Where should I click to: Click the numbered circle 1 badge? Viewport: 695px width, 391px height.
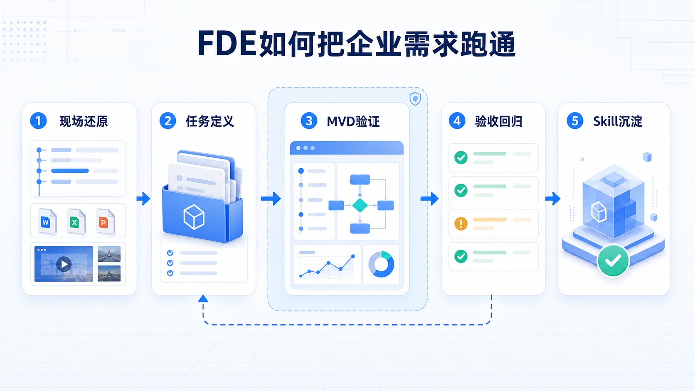pyautogui.click(x=38, y=121)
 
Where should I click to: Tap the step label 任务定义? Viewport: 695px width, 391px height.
pyautogui.click(x=210, y=121)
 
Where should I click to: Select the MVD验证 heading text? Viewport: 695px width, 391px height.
pyautogui.click(x=353, y=122)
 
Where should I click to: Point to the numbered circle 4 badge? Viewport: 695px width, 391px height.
pyautogui.click(x=457, y=121)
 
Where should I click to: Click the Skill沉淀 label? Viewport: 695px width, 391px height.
pyautogui.click(x=617, y=121)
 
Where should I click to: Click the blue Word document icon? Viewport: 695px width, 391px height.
pyautogui.click(x=47, y=221)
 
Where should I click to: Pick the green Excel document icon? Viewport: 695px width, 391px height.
pyautogui.click(x=76, y=221)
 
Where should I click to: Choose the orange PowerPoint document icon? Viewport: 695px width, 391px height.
pyautogui.click(x=106, y=221)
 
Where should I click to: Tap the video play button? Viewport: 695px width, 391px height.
pyautogui.click(x=64, y=264)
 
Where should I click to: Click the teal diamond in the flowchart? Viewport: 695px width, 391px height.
pyautogui.click(x=360, y=205)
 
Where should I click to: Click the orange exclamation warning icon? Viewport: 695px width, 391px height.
pyautogui.click(x=461, y=224)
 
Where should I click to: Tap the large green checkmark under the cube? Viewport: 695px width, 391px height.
pyautogui.click(x=613, y=261)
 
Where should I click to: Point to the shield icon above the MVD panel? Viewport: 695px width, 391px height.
pyautogui.click(x=415, y=99)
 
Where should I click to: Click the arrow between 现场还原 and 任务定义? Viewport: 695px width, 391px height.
pyautogui.click(x=144, y=199)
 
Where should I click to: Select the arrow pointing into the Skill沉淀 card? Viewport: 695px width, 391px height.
pyautogui.click(x=553, y=199)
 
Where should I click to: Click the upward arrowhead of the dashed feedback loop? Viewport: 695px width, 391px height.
pyautogui.click(x=203, y=299)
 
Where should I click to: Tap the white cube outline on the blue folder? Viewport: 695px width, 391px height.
pyautogui.click(x=194, y=217)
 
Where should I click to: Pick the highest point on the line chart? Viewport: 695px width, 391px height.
pyautogui.click(x=353, y=256)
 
